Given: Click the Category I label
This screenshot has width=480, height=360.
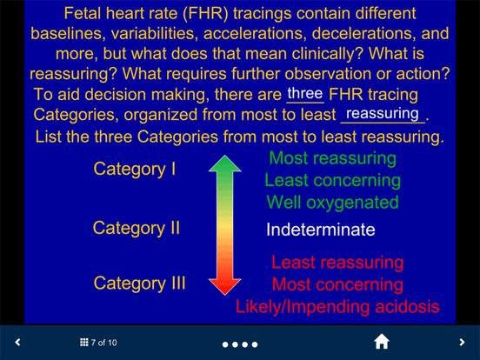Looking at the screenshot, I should click(135, 170).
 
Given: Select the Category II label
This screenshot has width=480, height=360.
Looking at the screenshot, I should click(137, 228).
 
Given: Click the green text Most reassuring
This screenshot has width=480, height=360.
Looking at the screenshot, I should click(332, 158).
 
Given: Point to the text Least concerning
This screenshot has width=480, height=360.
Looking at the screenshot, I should click(332, 181).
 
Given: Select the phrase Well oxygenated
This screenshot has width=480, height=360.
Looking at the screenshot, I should click(332, 203).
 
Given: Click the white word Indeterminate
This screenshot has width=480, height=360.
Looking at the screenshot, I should click(320, 230).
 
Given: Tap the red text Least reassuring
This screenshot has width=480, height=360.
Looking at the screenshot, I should click(337, 263).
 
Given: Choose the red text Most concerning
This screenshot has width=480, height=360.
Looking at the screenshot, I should click(337, 284).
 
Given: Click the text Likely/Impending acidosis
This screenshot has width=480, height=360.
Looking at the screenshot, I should click(337, 306).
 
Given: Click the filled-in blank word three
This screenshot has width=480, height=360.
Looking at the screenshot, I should click(304, 94).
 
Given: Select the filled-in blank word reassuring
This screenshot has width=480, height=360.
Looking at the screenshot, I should click(383, 115).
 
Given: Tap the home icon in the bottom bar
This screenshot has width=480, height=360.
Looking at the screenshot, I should click(381, 342).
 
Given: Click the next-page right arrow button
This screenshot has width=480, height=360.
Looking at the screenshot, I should click(462, 343).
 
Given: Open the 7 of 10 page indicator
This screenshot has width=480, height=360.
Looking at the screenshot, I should click(98, 343).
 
